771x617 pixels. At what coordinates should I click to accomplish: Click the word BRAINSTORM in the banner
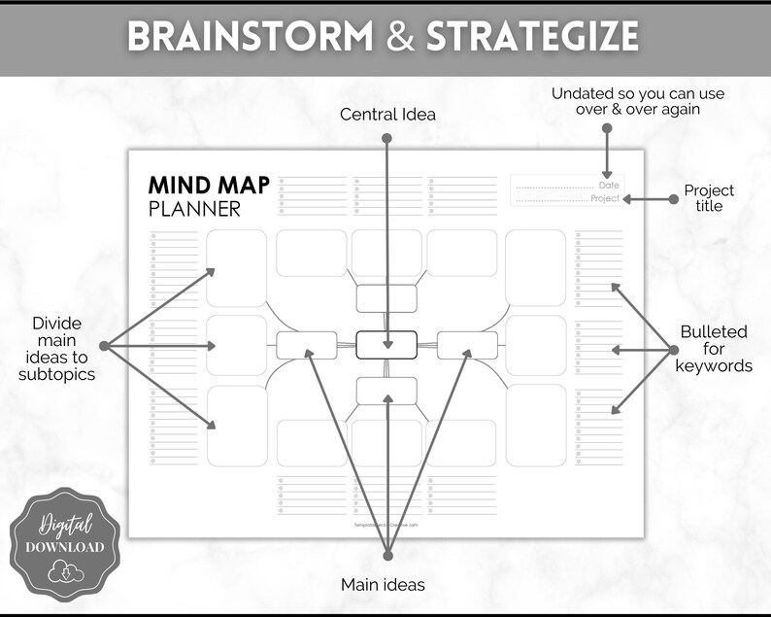[x=250, y=37]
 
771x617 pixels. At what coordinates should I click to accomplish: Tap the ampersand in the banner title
[x=392, y=37]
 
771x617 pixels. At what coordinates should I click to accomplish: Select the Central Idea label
[x=387, y=115]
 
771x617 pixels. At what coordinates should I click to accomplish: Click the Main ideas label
[x=383, y=585]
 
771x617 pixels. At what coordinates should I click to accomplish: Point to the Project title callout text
[x=709, y=198]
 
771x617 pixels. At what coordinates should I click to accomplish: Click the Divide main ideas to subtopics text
[x=57, y=348]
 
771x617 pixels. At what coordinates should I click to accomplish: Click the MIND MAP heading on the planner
[x=209, y=186]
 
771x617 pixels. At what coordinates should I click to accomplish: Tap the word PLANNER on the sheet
[x=194, y=209]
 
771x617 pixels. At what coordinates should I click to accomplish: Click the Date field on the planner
[x=567, y=185]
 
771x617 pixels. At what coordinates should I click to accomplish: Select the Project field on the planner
[x=567, y=199]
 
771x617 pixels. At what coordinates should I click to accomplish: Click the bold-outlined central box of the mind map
[x=386, y=345]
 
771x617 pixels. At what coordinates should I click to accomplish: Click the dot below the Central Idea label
[x=387, y=139]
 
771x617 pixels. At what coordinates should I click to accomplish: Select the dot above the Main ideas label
[x=387, y=557]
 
